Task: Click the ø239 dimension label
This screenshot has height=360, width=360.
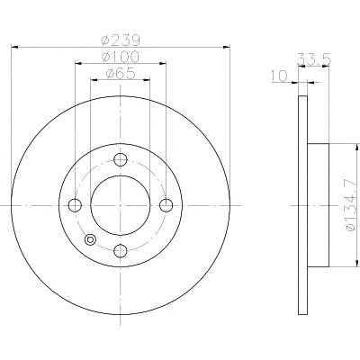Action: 121,40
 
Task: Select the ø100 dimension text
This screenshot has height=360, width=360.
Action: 121,57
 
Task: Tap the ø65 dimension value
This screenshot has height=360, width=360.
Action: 121,73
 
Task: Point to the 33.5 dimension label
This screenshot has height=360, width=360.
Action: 314,58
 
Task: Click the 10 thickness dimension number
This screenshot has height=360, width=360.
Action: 279,76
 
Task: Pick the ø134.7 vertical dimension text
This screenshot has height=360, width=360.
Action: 351,205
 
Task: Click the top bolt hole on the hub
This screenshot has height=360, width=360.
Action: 121,159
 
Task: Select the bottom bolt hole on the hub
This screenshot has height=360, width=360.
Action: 121,251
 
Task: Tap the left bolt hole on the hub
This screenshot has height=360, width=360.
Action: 75,205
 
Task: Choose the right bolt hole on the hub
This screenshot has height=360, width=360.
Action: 166,205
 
